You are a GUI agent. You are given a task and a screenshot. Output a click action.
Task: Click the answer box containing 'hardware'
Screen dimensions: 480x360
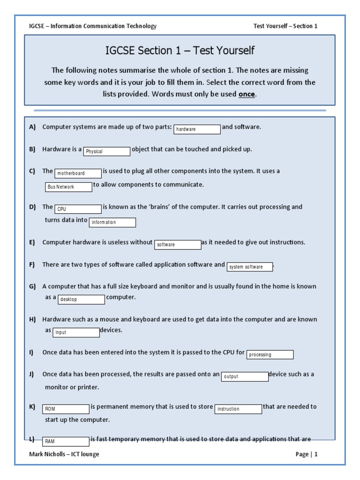point(197,129)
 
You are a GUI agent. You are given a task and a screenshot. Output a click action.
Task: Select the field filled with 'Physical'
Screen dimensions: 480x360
point(107,151)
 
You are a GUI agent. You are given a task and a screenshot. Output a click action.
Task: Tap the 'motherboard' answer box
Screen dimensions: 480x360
point(78,173)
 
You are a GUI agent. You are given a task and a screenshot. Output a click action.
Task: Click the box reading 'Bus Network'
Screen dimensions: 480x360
point(69,187)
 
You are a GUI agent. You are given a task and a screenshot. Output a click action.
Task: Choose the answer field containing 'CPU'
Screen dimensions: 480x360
point(78,209)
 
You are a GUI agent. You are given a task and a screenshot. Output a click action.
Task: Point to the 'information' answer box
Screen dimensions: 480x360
point(112,222)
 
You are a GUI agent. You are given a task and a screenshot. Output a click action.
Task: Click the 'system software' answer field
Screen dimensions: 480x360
point(250,267)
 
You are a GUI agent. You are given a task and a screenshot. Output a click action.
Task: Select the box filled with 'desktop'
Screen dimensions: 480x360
point(81,299)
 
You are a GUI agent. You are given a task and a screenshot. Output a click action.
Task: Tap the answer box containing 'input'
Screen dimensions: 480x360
point(76,332)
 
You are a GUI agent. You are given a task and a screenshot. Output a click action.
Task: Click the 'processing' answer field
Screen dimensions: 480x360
point(270,354)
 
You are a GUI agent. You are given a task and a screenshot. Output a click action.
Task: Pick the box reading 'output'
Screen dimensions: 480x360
point(245,376)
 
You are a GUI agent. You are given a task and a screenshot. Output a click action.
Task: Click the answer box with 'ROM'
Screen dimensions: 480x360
point(66,409)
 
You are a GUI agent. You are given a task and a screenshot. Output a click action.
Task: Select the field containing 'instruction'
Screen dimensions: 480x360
point(239,409)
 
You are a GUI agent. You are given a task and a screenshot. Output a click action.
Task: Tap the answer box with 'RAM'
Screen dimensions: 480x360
point(66,441)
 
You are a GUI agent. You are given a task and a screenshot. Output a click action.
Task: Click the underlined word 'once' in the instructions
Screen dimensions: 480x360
point(247,94)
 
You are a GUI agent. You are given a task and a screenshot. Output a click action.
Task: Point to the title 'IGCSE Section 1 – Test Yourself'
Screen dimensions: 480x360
point(180,51)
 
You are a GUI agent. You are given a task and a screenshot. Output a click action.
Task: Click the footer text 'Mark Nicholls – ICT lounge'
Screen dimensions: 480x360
point(64,454)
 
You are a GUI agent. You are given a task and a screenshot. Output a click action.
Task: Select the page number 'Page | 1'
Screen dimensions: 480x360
point(307,454)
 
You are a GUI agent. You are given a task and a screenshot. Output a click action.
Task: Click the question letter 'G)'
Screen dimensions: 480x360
point(32,286)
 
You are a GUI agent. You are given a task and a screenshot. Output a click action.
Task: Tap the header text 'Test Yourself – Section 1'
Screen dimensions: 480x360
point(285,26)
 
